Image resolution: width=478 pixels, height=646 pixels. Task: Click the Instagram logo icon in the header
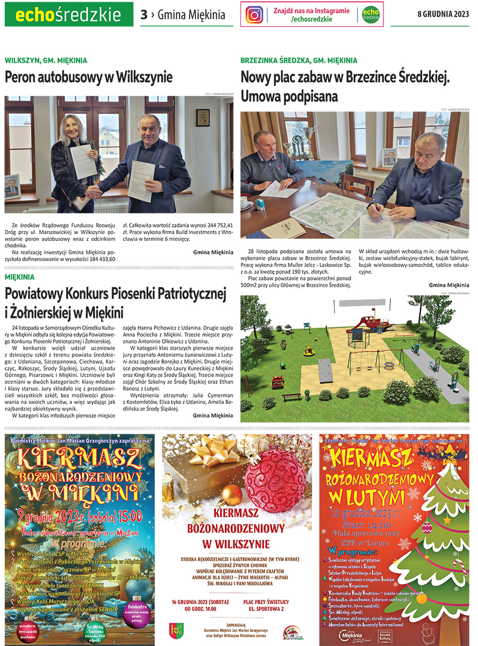point(254,14)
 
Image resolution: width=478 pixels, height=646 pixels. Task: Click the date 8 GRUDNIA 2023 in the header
point(443,14)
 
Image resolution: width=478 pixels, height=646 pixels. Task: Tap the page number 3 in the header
point(144,15)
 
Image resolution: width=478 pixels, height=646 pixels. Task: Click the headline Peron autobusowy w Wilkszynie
point(89,77)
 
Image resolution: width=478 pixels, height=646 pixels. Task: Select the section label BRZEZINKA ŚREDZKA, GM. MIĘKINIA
point(298,61)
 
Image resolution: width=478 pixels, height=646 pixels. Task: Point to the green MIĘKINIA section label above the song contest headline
point(20,277)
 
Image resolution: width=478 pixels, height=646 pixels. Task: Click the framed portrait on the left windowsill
point(12,187)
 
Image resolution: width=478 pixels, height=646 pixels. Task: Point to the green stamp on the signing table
point(260,204)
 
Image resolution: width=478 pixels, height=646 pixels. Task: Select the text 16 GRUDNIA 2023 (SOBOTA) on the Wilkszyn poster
point(200,601)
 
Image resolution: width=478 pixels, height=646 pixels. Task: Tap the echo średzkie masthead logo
point(69,14)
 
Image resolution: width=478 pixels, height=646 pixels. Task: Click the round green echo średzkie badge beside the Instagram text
point(371,14)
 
